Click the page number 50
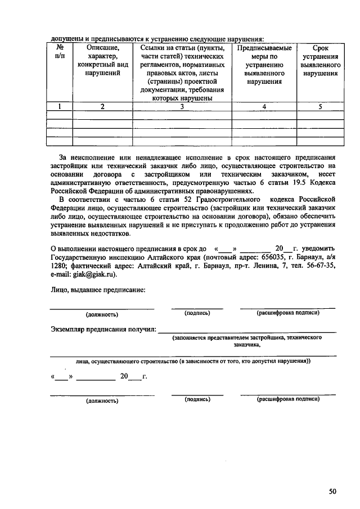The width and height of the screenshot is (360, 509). point(332,491)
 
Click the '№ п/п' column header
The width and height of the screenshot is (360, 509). point(60,53)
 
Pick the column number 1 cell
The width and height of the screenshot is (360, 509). point(60,106)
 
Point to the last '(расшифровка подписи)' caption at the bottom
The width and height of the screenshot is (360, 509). point(288,400)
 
